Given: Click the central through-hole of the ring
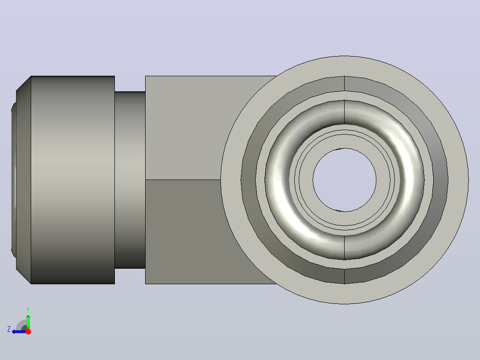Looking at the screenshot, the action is point(344,180).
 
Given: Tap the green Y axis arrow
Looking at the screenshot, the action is point(28,321).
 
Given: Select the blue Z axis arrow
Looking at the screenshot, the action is point(19,331).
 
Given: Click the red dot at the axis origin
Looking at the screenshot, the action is point(28,331).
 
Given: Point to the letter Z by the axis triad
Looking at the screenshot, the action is point(9,329).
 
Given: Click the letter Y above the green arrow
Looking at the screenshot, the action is point(28,310).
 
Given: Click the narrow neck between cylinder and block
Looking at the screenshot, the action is point(130,180).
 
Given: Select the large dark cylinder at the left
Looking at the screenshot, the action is point(73,180).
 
